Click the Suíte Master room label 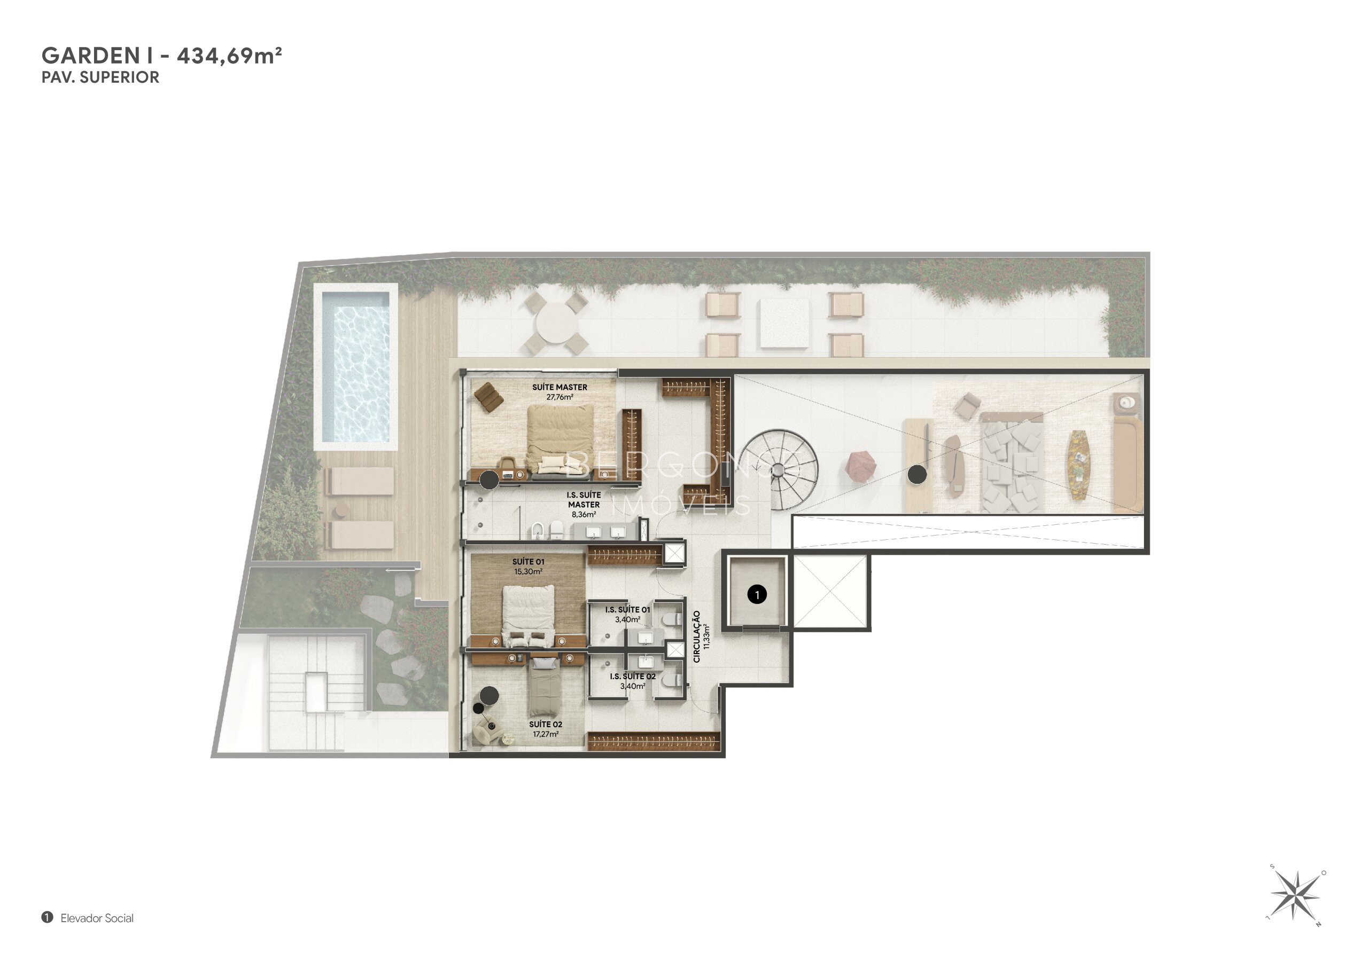[x=559, y=387]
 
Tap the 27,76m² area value [x=559, y=397]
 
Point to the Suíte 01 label [x=528, y=562]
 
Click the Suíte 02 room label [x=546, y=725]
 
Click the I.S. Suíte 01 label [x=627, y=610]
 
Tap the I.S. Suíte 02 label [x=633, y=677]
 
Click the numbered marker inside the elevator [x=757, y=594]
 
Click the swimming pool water [x=356, y=366]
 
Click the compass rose [x=1294, y=894]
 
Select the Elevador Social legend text [x=97, y=918]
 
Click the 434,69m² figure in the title [x=229, y=56]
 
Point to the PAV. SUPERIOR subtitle [x=100, y=77]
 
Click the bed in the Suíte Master [x=560, y=439]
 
